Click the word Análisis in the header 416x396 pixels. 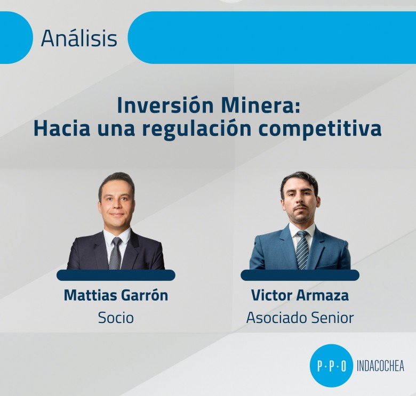coord(79,38)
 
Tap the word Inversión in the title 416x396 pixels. coord(165,106)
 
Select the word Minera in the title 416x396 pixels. coord(261,106)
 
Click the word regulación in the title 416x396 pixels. coord(197,129)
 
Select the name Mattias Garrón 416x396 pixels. coord(116,295)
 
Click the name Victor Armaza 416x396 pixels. coord(300,295)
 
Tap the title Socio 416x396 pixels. coord(116,317)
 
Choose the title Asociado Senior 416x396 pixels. coord(300,317)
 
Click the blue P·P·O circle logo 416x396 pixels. coord(331,366)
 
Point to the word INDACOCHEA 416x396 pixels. coord(380,366)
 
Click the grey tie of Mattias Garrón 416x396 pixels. coord(116,253)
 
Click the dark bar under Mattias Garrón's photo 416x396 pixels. coord(116,275)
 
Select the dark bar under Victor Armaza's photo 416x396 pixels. coord(300,275)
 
